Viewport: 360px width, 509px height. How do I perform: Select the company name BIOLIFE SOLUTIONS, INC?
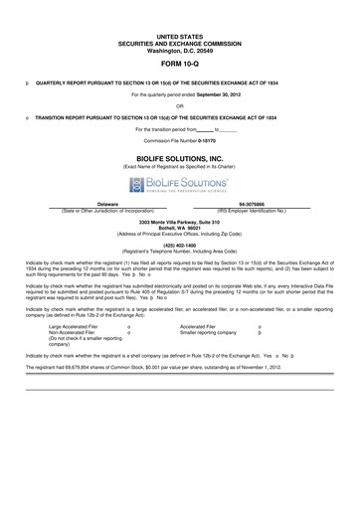point(180,157)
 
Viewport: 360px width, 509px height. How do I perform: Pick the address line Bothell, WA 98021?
point(179,228)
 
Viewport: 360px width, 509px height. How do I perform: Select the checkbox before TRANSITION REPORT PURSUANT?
point(26,117)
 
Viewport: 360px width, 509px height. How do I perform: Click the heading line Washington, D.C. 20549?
point(180,50)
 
